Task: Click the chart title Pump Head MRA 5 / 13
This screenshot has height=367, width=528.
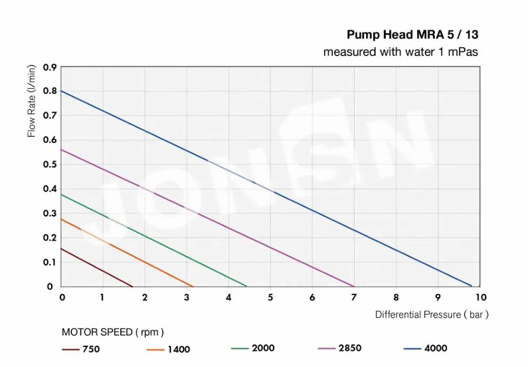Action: click(x=412, y=35)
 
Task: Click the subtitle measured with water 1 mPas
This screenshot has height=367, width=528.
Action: click(x=401, y=52)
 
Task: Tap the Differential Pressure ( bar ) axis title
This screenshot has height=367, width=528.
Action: click(x=432, y=315)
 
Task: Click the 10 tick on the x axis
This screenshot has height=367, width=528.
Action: click(x=481, y=297)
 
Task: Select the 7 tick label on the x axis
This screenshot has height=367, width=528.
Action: click(x=354, y=297)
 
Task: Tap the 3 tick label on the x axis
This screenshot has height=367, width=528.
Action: click(x=186, y=297)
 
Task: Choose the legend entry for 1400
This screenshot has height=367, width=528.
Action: click(x=168, y=350)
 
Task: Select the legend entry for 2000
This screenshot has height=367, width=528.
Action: click(x=253, y=348)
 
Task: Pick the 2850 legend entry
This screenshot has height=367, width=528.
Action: click(x=340, y=348)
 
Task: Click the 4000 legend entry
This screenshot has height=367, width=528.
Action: click(x=425, y=348)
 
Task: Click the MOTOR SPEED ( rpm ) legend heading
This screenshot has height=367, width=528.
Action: click(x=113, y=332)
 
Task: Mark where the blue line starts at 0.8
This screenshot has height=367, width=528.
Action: click(x=62, y=91)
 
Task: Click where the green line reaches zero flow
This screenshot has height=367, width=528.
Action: click(x=247, y=287)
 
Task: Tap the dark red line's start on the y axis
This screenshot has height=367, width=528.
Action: click(x=62, y=249)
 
